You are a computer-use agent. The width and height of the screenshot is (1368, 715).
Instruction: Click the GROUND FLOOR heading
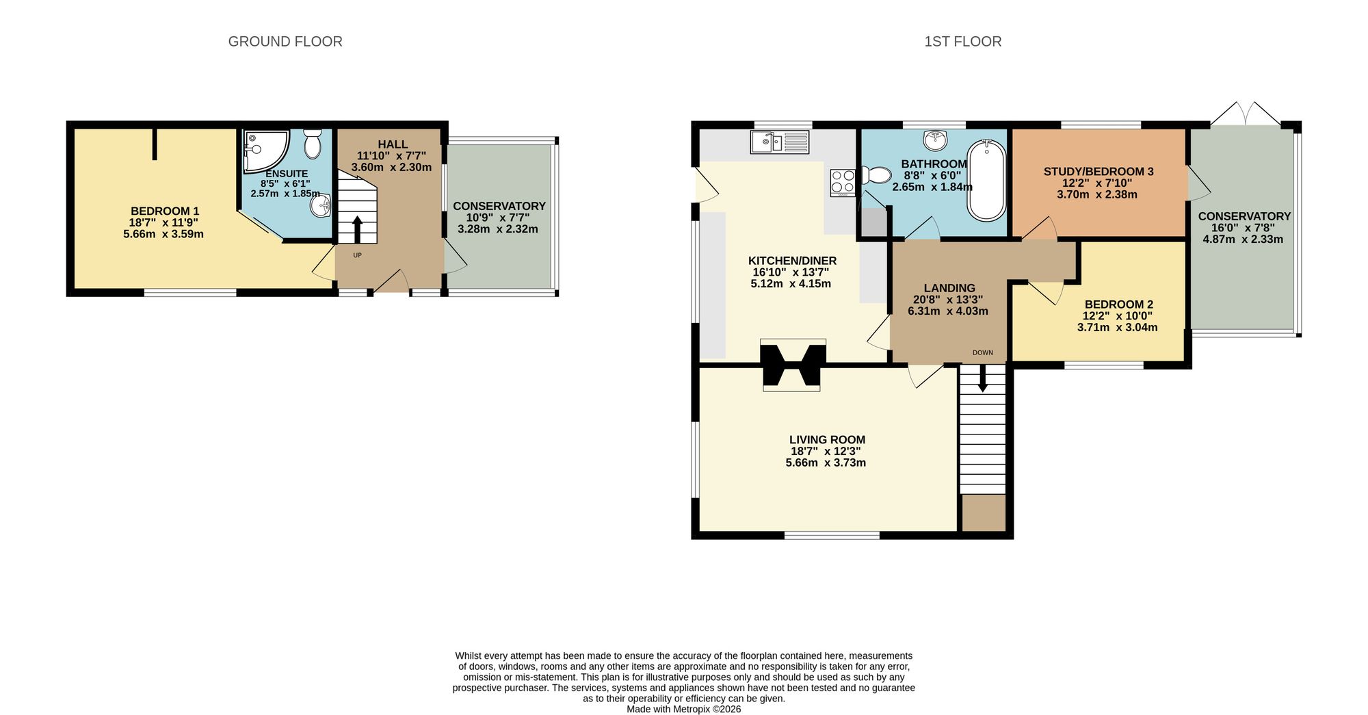[x=285, y=42]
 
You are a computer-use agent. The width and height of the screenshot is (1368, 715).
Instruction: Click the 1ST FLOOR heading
[x=962, y=42]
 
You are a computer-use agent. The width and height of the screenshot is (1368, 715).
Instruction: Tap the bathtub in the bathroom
[x=986, y=180]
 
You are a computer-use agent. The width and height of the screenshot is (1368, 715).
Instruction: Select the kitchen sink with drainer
[x=780, y=142]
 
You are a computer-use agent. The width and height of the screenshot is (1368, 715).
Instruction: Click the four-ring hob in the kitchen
[x=843, y=183]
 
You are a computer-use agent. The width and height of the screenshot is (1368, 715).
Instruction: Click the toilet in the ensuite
[x=313, y=144]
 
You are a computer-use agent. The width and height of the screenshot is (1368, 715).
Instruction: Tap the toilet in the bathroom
[x=876, y=176]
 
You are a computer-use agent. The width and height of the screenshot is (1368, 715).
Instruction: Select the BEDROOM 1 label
[x=165, y=211]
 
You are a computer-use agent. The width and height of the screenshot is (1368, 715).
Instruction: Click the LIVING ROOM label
[x=827, y=440]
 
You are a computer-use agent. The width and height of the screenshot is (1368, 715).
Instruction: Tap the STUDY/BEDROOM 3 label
[x=1098, y=172]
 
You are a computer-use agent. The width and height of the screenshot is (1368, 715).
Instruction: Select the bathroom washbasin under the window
[x=935, y=140]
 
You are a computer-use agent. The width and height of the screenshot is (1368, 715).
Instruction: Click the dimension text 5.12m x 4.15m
[x=791, y=283]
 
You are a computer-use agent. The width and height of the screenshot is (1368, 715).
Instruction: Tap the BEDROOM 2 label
[x=1118, y=304]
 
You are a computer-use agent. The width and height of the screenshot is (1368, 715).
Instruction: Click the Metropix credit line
[x=683, y=709]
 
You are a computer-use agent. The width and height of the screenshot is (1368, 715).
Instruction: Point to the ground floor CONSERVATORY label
[x=499, y=206]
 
